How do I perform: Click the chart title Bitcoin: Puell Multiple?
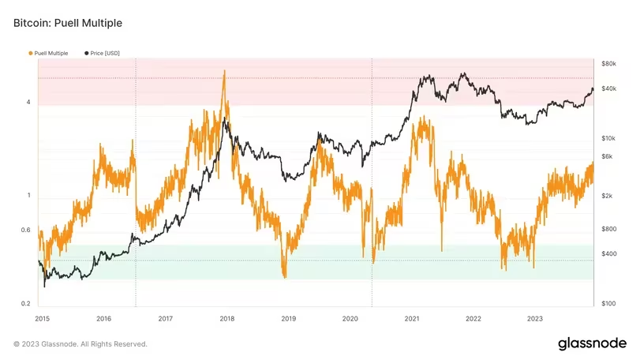68,24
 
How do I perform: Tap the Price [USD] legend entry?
101,53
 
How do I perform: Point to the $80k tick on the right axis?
608,62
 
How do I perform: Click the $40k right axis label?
608,88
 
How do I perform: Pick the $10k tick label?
608,138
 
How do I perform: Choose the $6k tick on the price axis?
606,156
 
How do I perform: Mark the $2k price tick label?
606,196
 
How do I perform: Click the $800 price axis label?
608,229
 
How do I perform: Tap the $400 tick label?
608,253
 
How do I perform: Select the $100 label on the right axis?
608,303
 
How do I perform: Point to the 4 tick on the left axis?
28,103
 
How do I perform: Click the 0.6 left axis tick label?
25,231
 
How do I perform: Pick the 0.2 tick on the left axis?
25,303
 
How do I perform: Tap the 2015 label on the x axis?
43,318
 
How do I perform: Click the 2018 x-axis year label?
227,318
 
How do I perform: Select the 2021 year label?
411,318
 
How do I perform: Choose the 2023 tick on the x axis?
534,318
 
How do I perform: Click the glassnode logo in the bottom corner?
592,343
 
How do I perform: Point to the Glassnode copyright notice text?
80,344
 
